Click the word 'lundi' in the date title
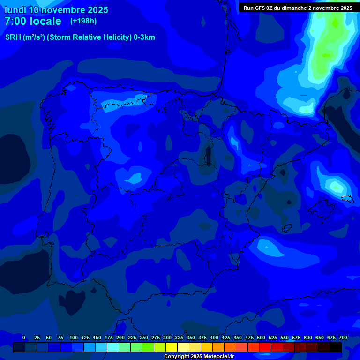(15, 10)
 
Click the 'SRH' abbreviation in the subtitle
(13, 37)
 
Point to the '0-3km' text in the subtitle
(144, 37)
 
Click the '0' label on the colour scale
(24, 337)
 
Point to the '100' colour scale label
(73, 337)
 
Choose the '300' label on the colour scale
(167, 337)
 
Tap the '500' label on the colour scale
(261, 337)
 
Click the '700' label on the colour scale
(343, 337)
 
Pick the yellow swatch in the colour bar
(172, 347)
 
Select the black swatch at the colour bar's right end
(336, 347)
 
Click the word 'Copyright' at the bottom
(177, 357)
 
